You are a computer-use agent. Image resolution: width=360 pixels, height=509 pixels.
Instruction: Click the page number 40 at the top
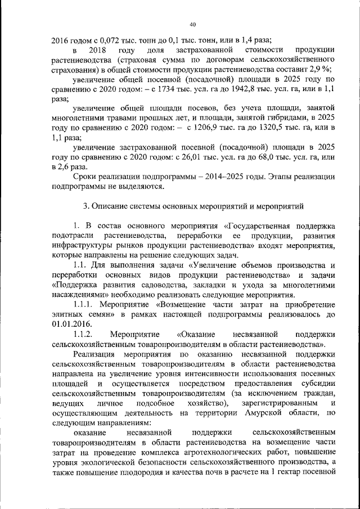coord(193,25)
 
